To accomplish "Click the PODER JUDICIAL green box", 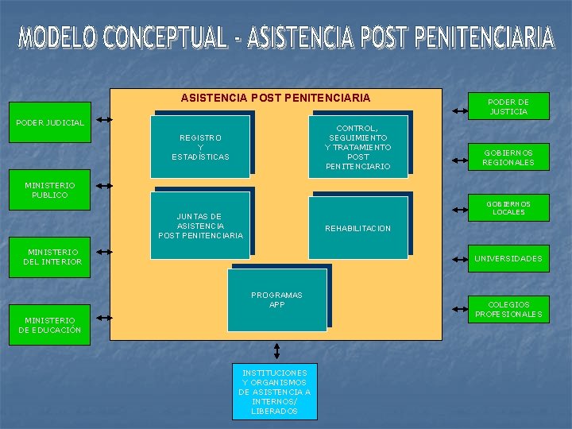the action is (50, 123).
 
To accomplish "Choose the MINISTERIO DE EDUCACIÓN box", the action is (50, 325).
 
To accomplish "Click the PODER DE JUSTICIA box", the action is (508, 107).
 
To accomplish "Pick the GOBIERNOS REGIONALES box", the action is (508, 157).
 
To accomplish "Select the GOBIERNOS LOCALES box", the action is (508, 208).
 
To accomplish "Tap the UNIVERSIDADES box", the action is (508, 258).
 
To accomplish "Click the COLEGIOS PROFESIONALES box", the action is (508, 309).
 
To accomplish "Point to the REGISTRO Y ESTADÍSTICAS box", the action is (200, 146).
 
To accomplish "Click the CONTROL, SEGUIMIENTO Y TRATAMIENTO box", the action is (357, 146).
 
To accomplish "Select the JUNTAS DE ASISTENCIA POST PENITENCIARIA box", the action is (200, 226).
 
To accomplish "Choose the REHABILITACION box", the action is (357, 228).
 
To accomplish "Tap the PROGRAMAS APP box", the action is (276, 300).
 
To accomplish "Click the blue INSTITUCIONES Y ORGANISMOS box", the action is (275, 391).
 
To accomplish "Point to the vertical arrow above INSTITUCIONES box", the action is (276, 350).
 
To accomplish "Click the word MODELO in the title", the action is (64, 38).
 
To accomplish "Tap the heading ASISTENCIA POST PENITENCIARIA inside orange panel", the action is (275, 98).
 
